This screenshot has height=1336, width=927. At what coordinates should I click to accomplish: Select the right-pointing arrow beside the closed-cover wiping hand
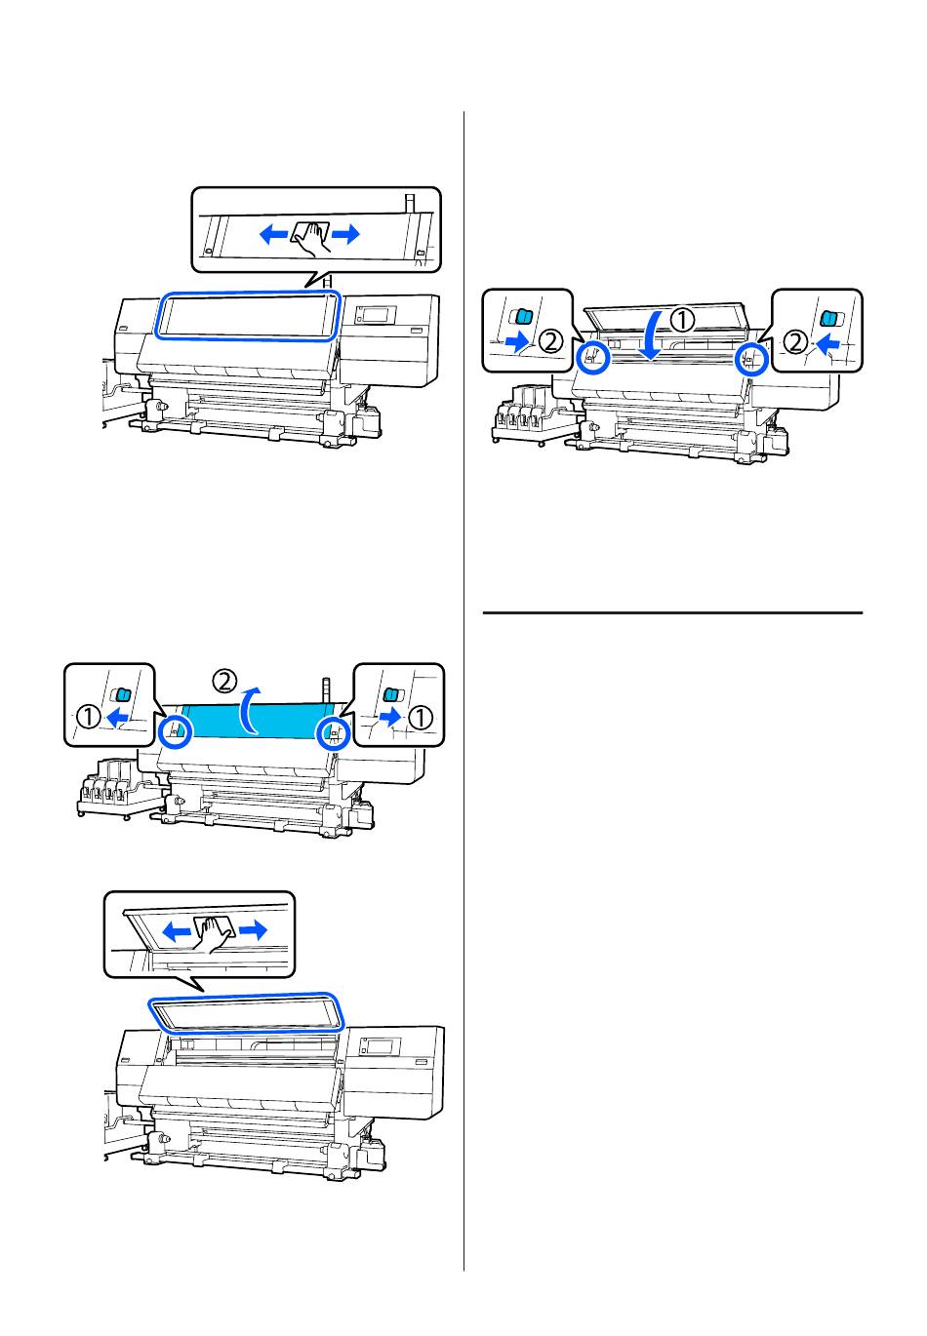coord(347,233)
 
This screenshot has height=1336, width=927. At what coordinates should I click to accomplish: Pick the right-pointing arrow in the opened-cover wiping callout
coord(252,930)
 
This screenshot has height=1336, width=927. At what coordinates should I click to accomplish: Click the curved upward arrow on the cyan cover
coord(251,709)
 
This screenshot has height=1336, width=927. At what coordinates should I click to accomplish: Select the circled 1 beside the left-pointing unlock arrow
coord(87,718)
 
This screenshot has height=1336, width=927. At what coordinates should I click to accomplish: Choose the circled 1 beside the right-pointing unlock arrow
coord(420,718)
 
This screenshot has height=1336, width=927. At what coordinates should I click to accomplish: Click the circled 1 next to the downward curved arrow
coord(683,318)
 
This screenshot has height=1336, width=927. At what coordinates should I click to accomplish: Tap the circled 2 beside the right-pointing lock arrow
coord(551,341)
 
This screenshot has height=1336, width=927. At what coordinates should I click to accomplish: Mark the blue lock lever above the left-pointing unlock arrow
coord(121,694)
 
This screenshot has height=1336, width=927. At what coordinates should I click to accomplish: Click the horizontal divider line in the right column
coord(673,612)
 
